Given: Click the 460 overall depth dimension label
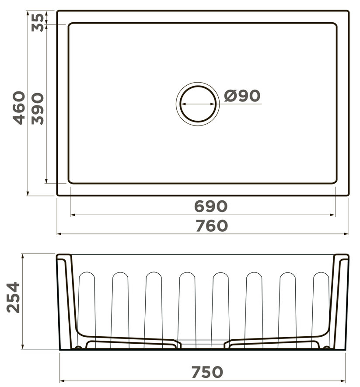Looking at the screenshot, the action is [x=19, y=108].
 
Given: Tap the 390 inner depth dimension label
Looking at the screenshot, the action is [x=38, y=108].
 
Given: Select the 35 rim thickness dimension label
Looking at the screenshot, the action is [x=38, y=22].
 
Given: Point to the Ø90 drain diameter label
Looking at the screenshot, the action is [x=242, y=95].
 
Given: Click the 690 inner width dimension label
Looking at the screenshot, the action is [x=210, y=206].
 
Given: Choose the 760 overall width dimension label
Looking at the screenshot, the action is [x=212, y=226].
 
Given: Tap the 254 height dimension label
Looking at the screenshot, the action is [x=13, y=298].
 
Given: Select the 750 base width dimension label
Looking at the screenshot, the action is [x=207, y=372].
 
